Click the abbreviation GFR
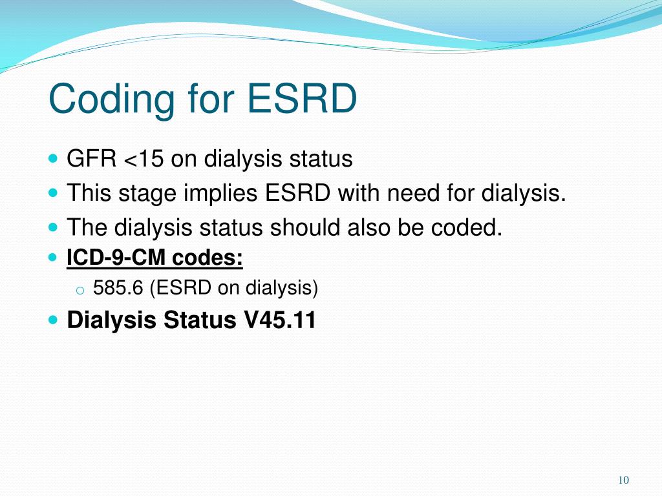pyautogui.click(x=91, y=159)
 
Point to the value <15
pyautogui.click(x=144, y=159)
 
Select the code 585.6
pyautogui.click(x=118, y=288)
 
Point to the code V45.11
pyautogui.click(x=279, y=320)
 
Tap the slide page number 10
pyautogui.click(x=623, y=480)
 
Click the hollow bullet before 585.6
pyautogui.click(x=79, y=290)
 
